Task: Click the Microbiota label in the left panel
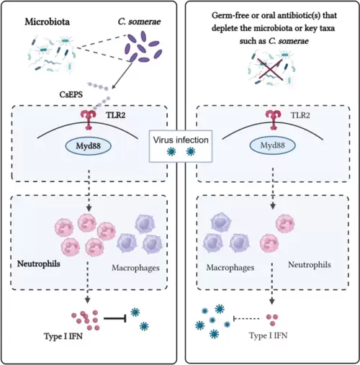[48, 22]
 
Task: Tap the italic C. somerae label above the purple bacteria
[139, 22]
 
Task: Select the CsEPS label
[71, 94]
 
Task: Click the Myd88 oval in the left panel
[89, 145]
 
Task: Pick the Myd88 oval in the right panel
[273, 145]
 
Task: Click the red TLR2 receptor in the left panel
[89, 120]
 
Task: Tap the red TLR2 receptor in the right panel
[273, 120]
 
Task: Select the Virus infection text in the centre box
[181, 140]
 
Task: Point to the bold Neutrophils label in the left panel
[39, 263]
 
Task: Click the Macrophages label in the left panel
[135, 268]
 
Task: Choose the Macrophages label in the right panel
[230, 267]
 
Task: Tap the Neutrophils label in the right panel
[310, 265]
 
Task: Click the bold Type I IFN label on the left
[63, 336]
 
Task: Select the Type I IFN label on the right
[268, 335]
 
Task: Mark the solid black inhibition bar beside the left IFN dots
[115, 319]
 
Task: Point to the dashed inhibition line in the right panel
[246, 319]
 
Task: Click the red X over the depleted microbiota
[270, 69]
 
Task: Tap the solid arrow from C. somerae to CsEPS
[122, 76]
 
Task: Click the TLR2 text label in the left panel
[116, 115]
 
